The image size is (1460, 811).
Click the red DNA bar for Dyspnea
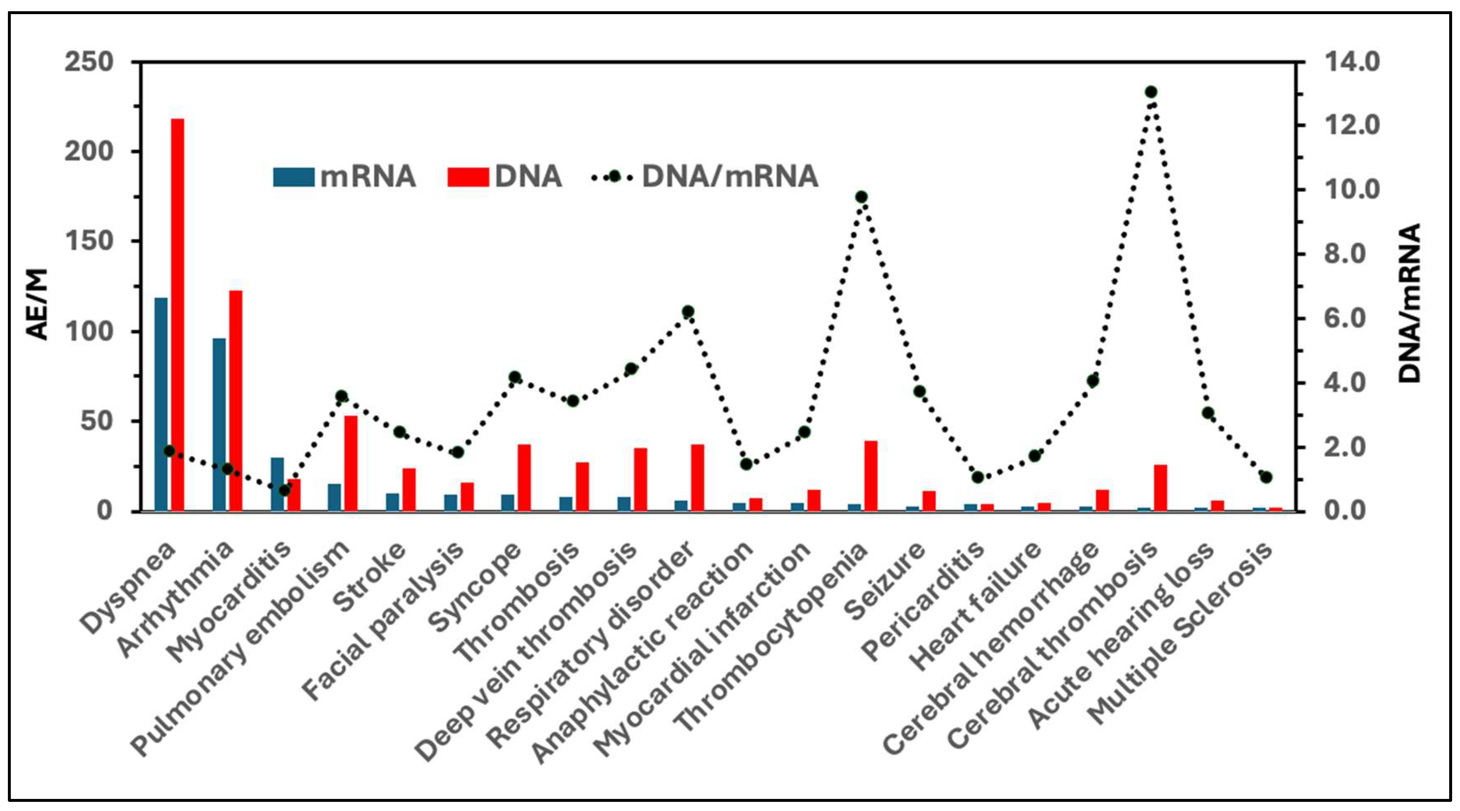pos(178,315)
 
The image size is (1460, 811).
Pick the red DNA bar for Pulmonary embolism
pos(351,463)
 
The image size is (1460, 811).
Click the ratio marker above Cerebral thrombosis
pos(1151,92)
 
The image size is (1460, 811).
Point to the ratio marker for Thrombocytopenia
pos(861,197)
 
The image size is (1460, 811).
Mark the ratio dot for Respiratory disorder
pos(688,311)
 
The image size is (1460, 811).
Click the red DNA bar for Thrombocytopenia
pos(871,476)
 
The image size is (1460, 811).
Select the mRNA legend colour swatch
pos(293,176)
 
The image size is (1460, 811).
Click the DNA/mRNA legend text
pos(730,176)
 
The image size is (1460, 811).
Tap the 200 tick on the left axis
pos(89,151)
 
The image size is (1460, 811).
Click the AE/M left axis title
pos(37,304)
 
